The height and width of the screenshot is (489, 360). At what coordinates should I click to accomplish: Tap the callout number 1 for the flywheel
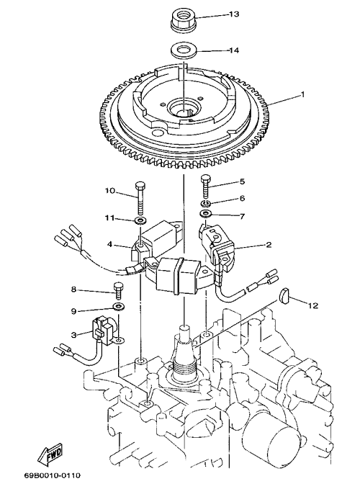click(302, 94)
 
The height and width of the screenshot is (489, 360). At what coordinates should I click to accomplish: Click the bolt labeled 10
click(140, 198)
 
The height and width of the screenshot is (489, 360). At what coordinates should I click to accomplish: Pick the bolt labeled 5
click(205, 187)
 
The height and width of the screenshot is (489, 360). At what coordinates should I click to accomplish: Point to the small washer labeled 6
click(205, 204)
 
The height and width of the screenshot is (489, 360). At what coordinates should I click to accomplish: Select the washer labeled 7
click(206, 214)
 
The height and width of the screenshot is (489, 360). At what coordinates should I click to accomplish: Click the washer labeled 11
click(140, 221)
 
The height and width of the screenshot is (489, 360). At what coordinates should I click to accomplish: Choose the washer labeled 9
click(119, 307)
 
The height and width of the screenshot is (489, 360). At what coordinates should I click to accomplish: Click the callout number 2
click(269, 245)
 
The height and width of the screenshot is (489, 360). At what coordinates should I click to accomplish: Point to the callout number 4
click(109, 244)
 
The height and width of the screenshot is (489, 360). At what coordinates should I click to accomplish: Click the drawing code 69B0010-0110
click(53, 475)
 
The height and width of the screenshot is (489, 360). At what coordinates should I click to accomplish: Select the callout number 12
click(313, 306)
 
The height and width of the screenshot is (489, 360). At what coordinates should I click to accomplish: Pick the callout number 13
click(234, 14)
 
